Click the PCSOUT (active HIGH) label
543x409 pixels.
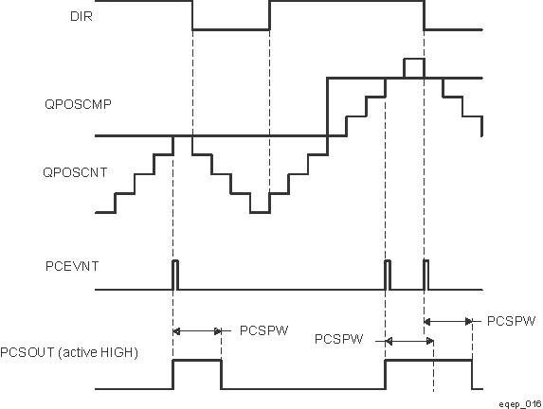(x=70, y=353)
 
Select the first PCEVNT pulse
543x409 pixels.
(x=173, y=273)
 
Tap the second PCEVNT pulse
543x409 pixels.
(x=387, y=273)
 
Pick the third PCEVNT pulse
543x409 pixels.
(x=425, y=273)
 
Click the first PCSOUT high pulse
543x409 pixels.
(x=196, y=361)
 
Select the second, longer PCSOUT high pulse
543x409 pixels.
(x=428, y=361)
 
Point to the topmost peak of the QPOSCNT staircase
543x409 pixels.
(x=413, y=60)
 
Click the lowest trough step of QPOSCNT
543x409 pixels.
(x=259, y=210)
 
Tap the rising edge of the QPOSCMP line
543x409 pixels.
(x=327, y=106)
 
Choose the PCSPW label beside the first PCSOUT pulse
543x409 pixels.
(x=263, y=330)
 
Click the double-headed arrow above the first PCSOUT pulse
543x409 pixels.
(x=196, y=330)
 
